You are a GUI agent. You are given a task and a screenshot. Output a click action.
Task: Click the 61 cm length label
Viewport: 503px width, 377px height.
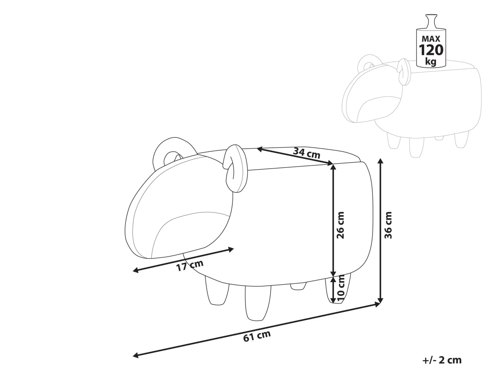257,336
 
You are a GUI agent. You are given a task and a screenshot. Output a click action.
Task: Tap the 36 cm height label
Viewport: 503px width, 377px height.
388,225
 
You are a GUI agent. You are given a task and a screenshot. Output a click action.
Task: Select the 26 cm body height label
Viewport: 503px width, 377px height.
340,225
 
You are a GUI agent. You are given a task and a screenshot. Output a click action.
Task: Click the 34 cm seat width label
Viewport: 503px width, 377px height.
306,153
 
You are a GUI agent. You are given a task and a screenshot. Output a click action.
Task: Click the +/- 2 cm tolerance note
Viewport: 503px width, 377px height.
442,360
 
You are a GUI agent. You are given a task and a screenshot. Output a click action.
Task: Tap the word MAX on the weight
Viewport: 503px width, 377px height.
431,39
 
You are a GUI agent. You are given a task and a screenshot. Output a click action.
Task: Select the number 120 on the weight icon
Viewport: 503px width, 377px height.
431,50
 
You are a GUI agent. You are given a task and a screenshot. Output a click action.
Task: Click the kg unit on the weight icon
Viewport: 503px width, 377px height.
431,62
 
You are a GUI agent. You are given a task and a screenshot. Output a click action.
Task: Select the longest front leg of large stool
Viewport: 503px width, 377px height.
258,303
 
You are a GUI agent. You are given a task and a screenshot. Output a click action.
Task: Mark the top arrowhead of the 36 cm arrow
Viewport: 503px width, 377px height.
381,161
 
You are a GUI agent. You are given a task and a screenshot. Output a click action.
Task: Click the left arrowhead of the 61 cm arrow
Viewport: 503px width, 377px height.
136,362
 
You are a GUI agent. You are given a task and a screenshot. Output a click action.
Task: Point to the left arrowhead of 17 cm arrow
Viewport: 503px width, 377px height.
136,270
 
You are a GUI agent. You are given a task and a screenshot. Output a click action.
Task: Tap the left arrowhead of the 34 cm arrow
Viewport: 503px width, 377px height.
259,149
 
